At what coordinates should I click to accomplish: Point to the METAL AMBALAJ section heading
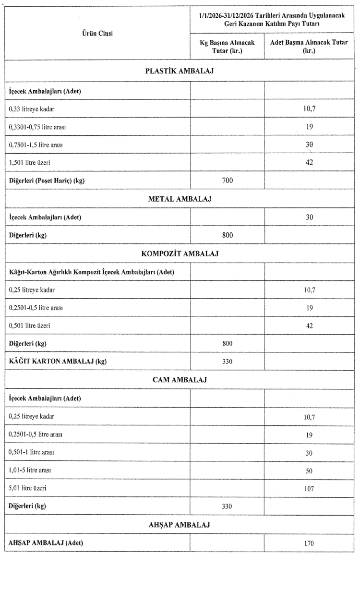180,199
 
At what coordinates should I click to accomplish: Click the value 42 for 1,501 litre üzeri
309,162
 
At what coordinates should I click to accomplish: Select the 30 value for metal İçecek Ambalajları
309,217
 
